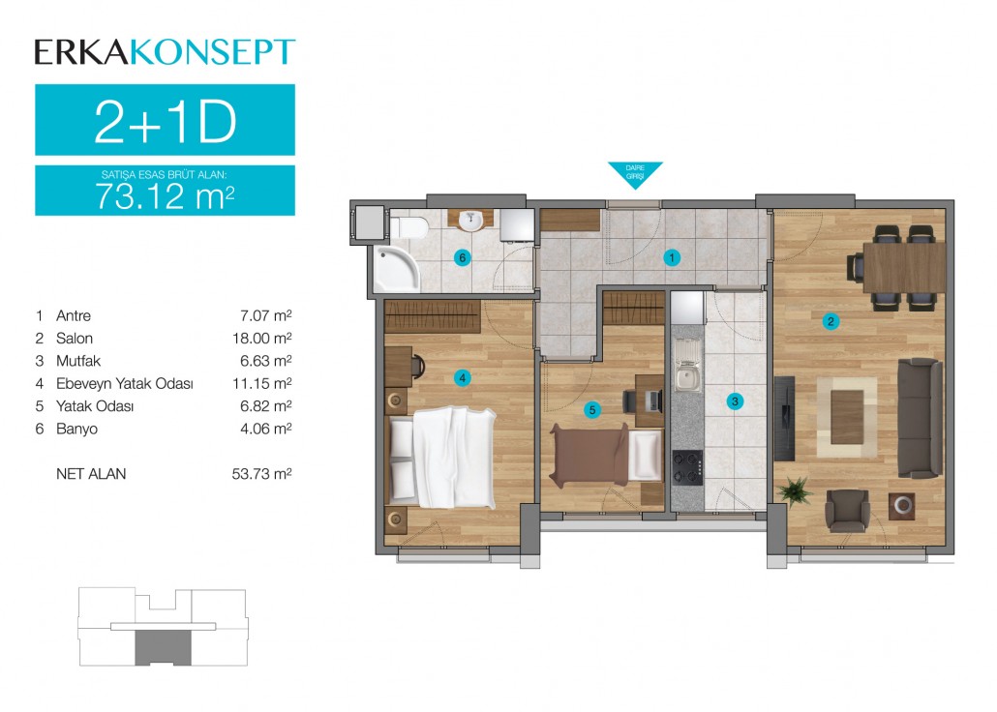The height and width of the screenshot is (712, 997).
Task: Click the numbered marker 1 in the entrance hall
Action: point(672,257)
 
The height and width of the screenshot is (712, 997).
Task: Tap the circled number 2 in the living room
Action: point(831,322)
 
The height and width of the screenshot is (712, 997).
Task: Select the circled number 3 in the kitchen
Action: point(735,401)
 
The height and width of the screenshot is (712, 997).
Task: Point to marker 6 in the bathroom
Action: point(463,257)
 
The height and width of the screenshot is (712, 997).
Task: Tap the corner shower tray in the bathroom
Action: point(396,270)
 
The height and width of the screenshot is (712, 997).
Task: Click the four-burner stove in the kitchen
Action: point(688,468)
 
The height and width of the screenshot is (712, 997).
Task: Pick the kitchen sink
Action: point(686,367)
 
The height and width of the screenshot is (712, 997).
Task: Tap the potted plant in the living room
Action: point(794,491)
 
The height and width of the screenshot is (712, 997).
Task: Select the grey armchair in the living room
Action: point(847,511)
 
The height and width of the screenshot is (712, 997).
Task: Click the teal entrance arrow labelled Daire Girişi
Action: point(635,174)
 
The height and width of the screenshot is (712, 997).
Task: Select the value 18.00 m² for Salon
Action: point(262,338)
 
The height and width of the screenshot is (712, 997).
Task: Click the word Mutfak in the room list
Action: point(78,361)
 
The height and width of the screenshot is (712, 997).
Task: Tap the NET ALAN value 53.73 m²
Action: point(262,474)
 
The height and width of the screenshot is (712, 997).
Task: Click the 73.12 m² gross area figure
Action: point(166,196)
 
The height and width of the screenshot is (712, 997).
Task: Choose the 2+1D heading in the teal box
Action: point(166,122)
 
